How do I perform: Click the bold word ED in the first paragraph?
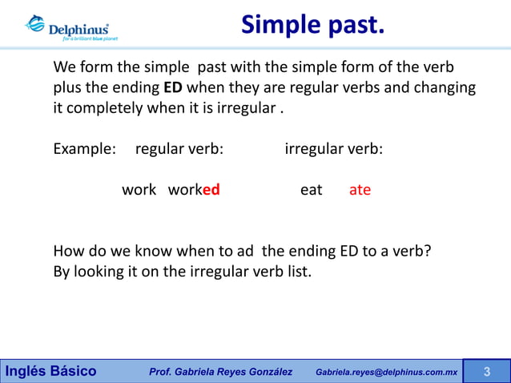point(172,87)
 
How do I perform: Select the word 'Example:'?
point(84,149)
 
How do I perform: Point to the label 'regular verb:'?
point(179,149)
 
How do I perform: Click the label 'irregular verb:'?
point(334,149)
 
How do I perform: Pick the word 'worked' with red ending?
point(194,190)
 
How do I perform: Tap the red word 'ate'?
point(360,190)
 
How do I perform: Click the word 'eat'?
point(311,190)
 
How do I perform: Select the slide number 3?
point(486,372)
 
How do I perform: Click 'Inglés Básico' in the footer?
point(51,372)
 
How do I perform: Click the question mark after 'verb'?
point(428,251)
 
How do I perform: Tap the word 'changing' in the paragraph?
point(445,87)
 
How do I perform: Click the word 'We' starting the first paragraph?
point(65,66)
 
